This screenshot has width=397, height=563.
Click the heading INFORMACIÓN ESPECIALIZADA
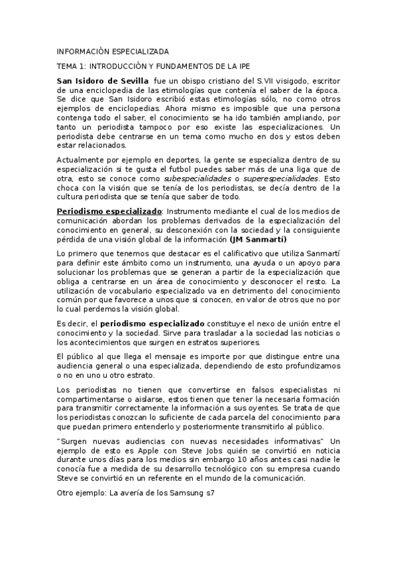tap(113, 51)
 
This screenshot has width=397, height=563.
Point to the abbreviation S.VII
tap(258, 80)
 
